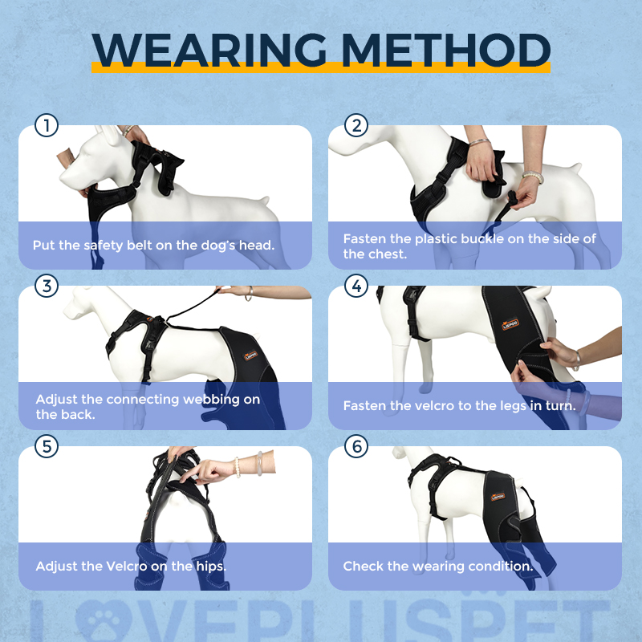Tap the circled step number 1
[47, 125]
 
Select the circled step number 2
[356, 125]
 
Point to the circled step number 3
[47, 286]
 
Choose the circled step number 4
[356, 286]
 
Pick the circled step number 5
[47, 446]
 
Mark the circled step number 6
[356, 446]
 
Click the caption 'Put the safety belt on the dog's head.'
[153, 245]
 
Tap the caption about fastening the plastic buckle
[469, 246]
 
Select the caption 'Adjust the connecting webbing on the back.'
[148, 406]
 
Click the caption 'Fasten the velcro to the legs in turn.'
[459, 406]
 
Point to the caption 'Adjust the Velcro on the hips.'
[131, 566]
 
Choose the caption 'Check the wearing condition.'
[438, 566]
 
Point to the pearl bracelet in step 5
[237, 466]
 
